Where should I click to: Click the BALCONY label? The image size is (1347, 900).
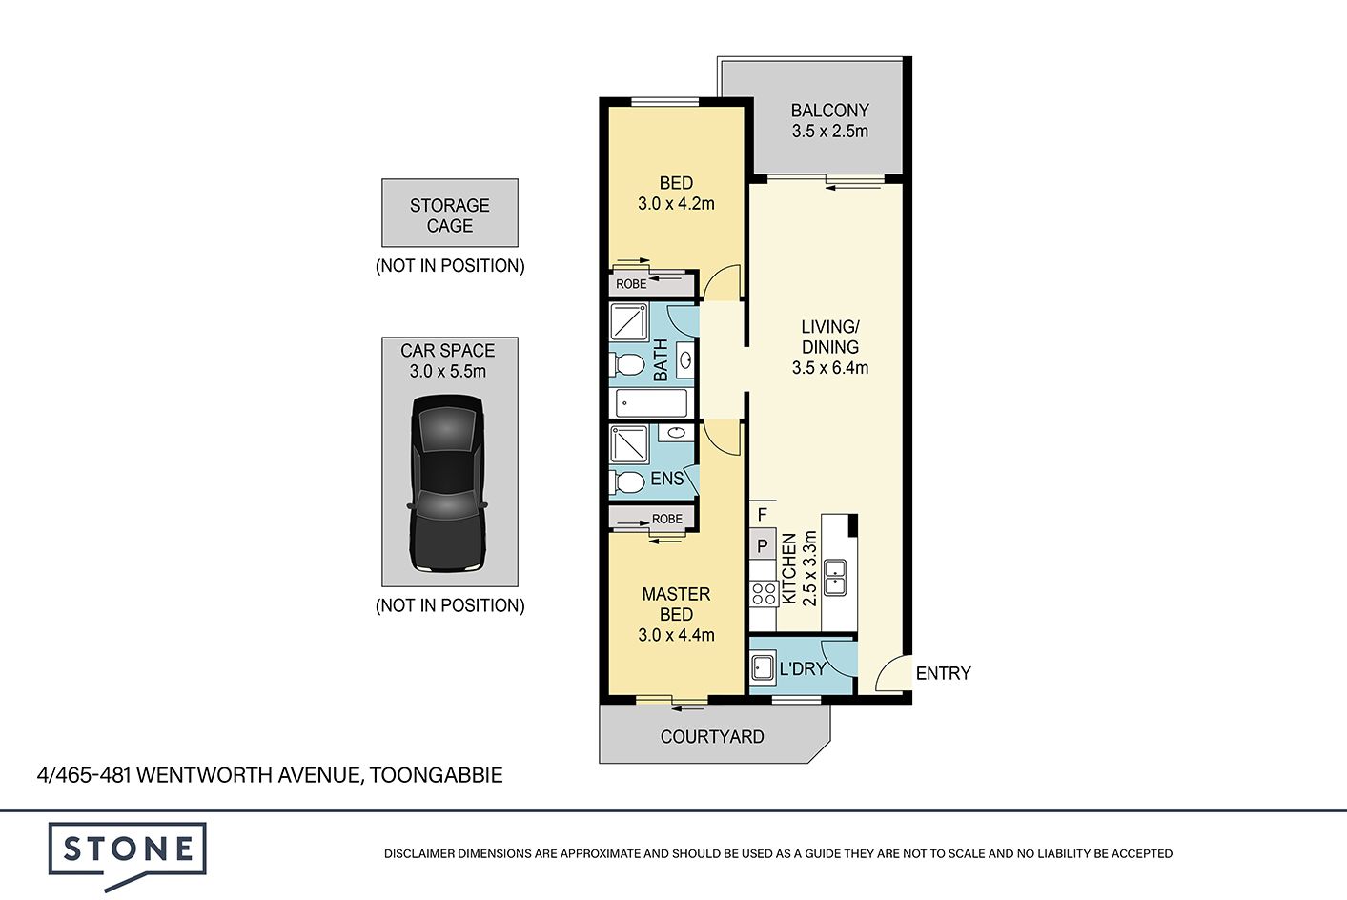830,111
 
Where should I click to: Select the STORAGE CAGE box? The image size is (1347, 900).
450,213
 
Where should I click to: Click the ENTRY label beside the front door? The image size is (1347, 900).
943,673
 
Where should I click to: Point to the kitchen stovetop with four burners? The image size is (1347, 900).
764,594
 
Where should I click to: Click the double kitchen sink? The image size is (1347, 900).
835,577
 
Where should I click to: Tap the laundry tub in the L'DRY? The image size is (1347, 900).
763,668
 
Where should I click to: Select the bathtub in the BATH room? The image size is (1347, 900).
651,402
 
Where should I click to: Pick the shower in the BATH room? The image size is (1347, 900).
629,322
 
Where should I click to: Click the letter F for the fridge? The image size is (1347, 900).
763,515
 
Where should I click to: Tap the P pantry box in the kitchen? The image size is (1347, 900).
763,546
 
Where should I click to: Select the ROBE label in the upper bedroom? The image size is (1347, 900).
631,284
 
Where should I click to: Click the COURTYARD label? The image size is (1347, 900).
712,736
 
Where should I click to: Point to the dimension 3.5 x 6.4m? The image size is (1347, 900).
830,368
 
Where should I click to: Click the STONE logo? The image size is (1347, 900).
128,855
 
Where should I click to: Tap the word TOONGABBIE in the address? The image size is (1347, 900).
436,775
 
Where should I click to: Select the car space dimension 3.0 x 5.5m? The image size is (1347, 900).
448,372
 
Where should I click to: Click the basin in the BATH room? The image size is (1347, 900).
685,360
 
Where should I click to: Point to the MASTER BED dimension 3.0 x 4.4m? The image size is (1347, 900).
676,635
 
